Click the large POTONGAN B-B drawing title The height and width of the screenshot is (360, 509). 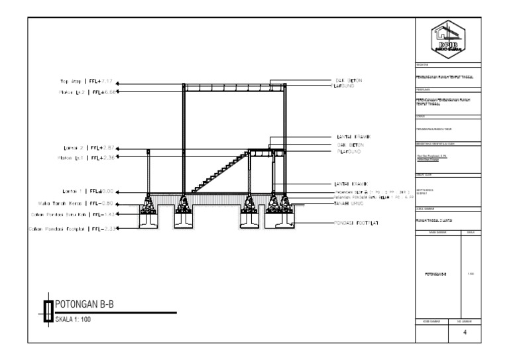tap(89, 305)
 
